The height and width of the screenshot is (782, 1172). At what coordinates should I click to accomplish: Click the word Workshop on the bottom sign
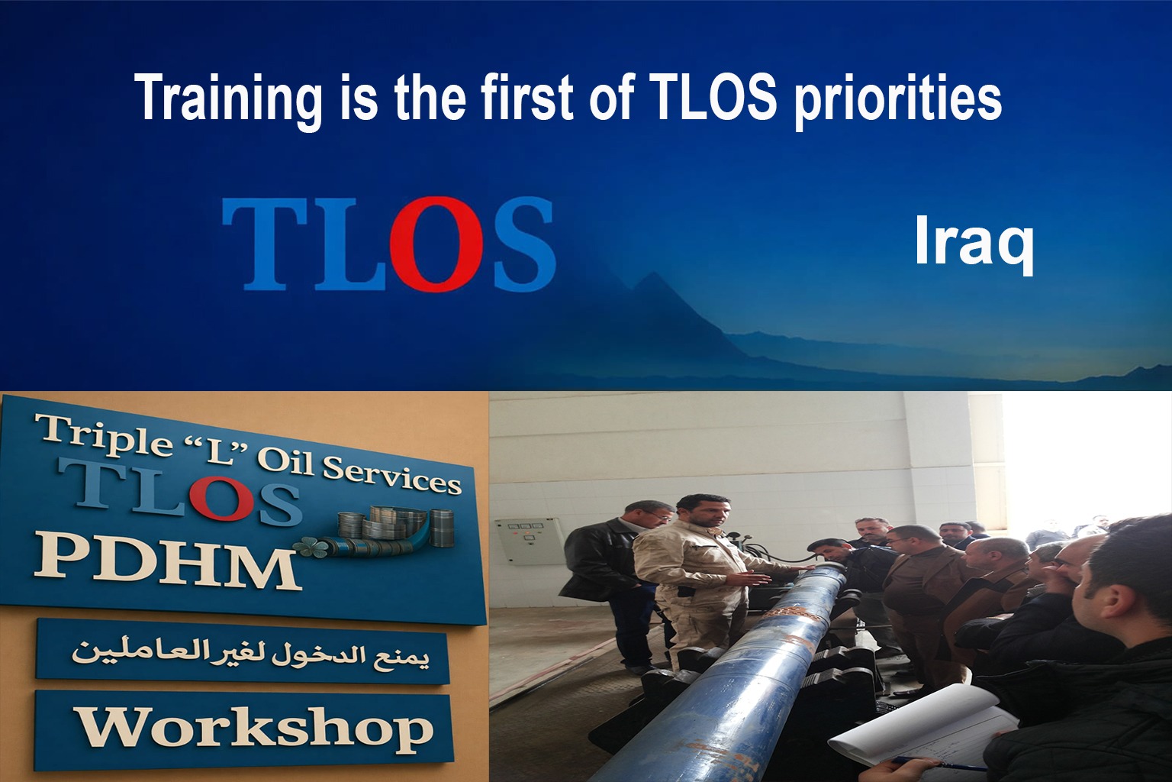256,729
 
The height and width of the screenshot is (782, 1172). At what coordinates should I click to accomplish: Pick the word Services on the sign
391,475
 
